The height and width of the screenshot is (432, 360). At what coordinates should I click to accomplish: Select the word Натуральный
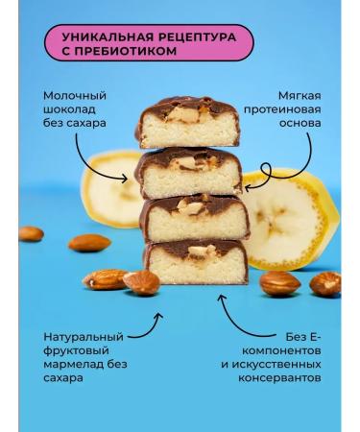84,338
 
